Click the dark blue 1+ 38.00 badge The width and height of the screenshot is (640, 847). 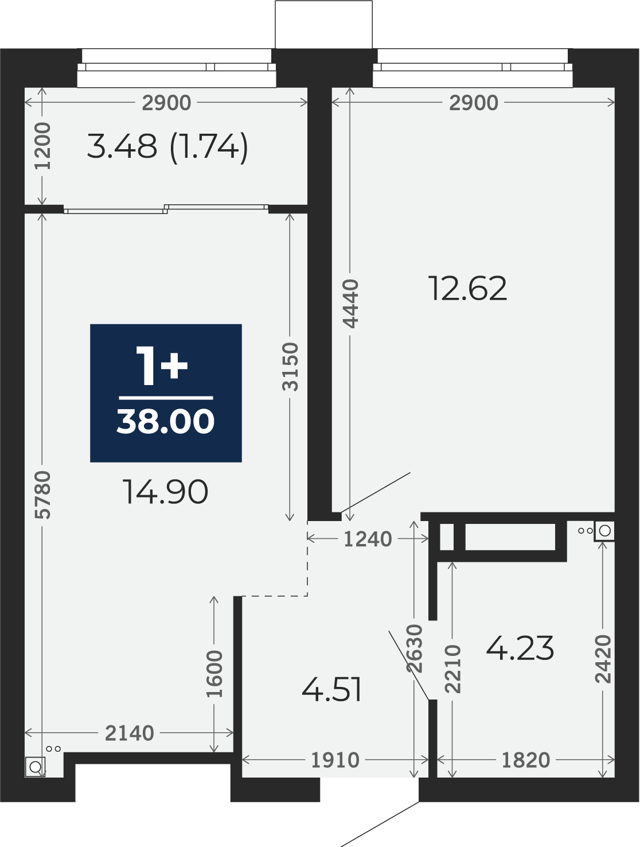[x=166, y=393]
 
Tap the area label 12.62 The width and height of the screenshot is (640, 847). [x=467, y=289]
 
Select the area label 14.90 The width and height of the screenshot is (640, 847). [x=165, y=492]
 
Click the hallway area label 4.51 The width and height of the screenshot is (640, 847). [x=331, y=690]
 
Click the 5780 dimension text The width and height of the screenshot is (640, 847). [x=42, y=495]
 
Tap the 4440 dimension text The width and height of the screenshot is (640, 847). [x=350, y=304]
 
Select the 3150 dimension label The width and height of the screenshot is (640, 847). [x=290, y=367]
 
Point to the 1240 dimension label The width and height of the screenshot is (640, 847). [x=368, y=539]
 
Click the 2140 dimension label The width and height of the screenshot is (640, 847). [x=129, y=733]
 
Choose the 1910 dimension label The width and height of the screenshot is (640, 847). [x=335, y=760]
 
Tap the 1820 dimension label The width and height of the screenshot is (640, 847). [x=525, y=760]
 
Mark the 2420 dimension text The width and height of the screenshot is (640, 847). [x=603, y=659]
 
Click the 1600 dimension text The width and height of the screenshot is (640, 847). [x=214, y=674]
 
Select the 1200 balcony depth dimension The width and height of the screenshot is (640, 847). [x=42, y=146]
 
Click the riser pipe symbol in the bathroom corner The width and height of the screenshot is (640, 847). [x=604, y=531]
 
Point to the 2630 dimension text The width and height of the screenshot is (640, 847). [x=415, y=648]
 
